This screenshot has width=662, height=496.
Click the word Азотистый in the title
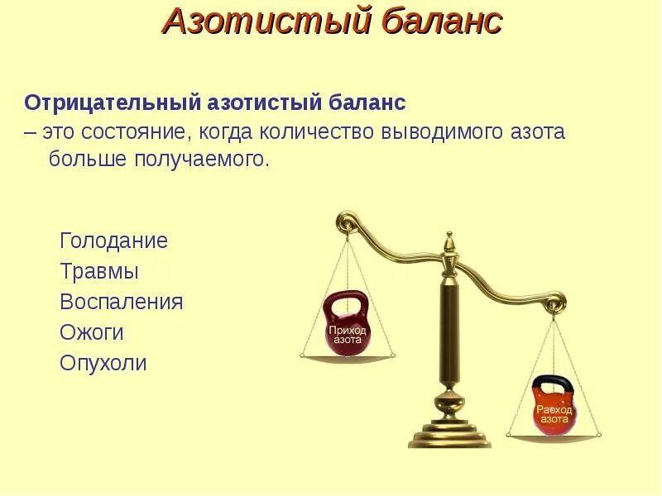pos(266,22)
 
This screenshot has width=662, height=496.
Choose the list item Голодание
pos(113,241)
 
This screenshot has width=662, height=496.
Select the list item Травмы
pos(99,272)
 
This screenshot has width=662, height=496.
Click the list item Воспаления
pos(121,302)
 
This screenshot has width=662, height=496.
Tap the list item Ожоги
pos(92,332)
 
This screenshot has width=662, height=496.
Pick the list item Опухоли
pos(103,363)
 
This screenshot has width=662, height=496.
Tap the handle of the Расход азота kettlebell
pos(553,385)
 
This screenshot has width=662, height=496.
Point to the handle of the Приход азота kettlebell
pos(346,306)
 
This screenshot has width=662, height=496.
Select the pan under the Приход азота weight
pos(347,358)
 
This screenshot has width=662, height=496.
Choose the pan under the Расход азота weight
pos(554,433)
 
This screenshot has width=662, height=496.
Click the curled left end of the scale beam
pos(347,221)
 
